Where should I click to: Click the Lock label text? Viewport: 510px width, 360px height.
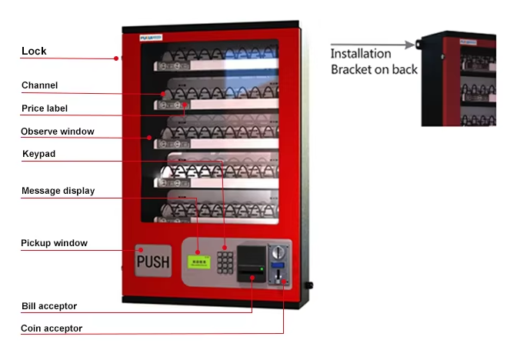[34, 52]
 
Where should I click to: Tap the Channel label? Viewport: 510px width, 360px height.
[39, 85]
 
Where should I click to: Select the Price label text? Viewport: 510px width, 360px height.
[45, 108]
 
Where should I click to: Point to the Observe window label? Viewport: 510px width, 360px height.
[57, 132]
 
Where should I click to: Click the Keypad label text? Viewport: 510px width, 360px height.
[38, 154]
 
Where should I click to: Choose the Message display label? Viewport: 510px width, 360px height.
[58, 191]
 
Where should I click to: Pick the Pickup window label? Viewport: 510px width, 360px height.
[54, 243]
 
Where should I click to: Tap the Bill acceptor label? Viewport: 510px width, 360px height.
[49, 306]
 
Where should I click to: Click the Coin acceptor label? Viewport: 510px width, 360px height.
[52, 328]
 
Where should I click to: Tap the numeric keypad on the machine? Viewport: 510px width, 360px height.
[225, 262]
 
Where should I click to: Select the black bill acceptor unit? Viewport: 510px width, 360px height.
[251, 263]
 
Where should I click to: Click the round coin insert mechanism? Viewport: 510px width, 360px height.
[280, 252]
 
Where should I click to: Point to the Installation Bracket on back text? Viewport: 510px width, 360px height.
[374, 62]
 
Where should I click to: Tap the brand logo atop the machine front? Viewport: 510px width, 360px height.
[150, 36]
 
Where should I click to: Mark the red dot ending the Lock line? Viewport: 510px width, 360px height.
[117, 58]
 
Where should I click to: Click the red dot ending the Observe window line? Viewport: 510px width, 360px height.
[150, 138]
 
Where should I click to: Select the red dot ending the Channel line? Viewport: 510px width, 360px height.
[162, 95]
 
